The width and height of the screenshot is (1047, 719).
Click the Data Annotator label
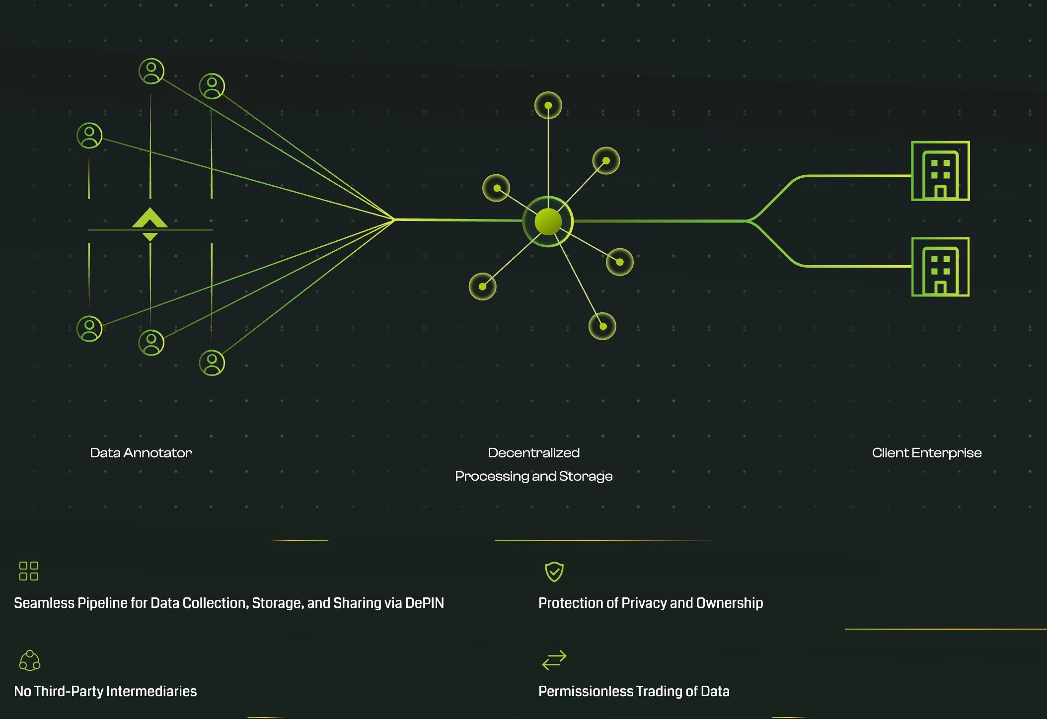pyautogui.click(x=141, y=453)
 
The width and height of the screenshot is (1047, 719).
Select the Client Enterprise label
pyautogui.click(x=926, y=453)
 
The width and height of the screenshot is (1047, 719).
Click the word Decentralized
pyautogui.click(x=533, y=453)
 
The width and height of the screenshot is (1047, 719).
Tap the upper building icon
pyautogui.click(x=940, y=171)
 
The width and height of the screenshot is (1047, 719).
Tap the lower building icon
pyautogui.click(x=940, y=267)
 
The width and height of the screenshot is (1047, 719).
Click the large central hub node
pyautogui.click(x=548, y=221)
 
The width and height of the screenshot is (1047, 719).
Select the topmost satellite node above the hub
pyautogui.click(x=548, y=105)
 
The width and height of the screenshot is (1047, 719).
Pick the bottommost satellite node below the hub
pyautogui.click(x=602, y=326)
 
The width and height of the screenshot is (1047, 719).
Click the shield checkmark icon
pyautogui.click(x=554, y=572)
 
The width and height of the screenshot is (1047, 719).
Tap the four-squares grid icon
pyautogui.click(x=29, y=571)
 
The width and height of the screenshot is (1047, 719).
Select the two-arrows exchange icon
pyautogui.click(x=554, y=660)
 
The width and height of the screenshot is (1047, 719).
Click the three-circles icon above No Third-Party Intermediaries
pyautogui.click(x=30, y=660)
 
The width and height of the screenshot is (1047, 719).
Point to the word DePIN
pyautogui.click(x=425, y=603)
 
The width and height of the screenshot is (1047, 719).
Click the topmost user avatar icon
pyautogui.click(x=151, y=71)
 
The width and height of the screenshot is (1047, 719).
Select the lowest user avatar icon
pyautogui.click(x=212, y=362)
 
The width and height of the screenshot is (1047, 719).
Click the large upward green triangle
pyautogui.click(x=150, y=218)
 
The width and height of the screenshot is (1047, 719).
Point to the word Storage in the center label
pyautogui.click(x=586, y=476)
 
